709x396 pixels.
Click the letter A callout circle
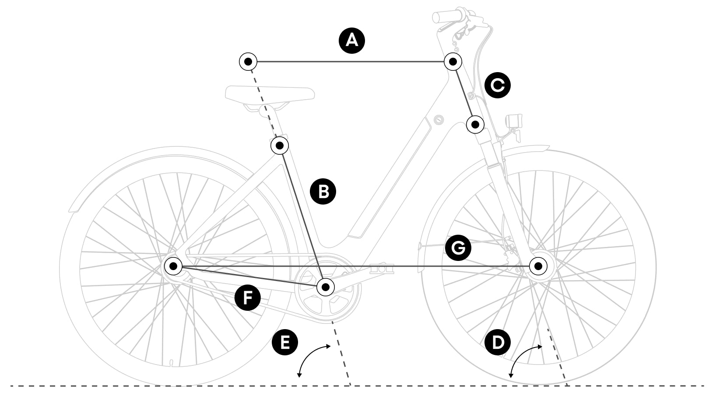352,41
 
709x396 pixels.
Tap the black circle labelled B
323,191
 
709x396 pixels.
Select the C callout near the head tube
498,85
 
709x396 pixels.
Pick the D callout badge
498,342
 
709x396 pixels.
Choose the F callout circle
248,299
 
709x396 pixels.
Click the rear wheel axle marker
174,265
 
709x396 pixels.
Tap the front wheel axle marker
539,266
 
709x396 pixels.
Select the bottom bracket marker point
325,287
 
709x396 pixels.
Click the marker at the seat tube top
280,145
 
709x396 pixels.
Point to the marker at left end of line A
248,62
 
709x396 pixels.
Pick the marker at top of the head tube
453,61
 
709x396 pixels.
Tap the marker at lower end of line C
475,125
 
